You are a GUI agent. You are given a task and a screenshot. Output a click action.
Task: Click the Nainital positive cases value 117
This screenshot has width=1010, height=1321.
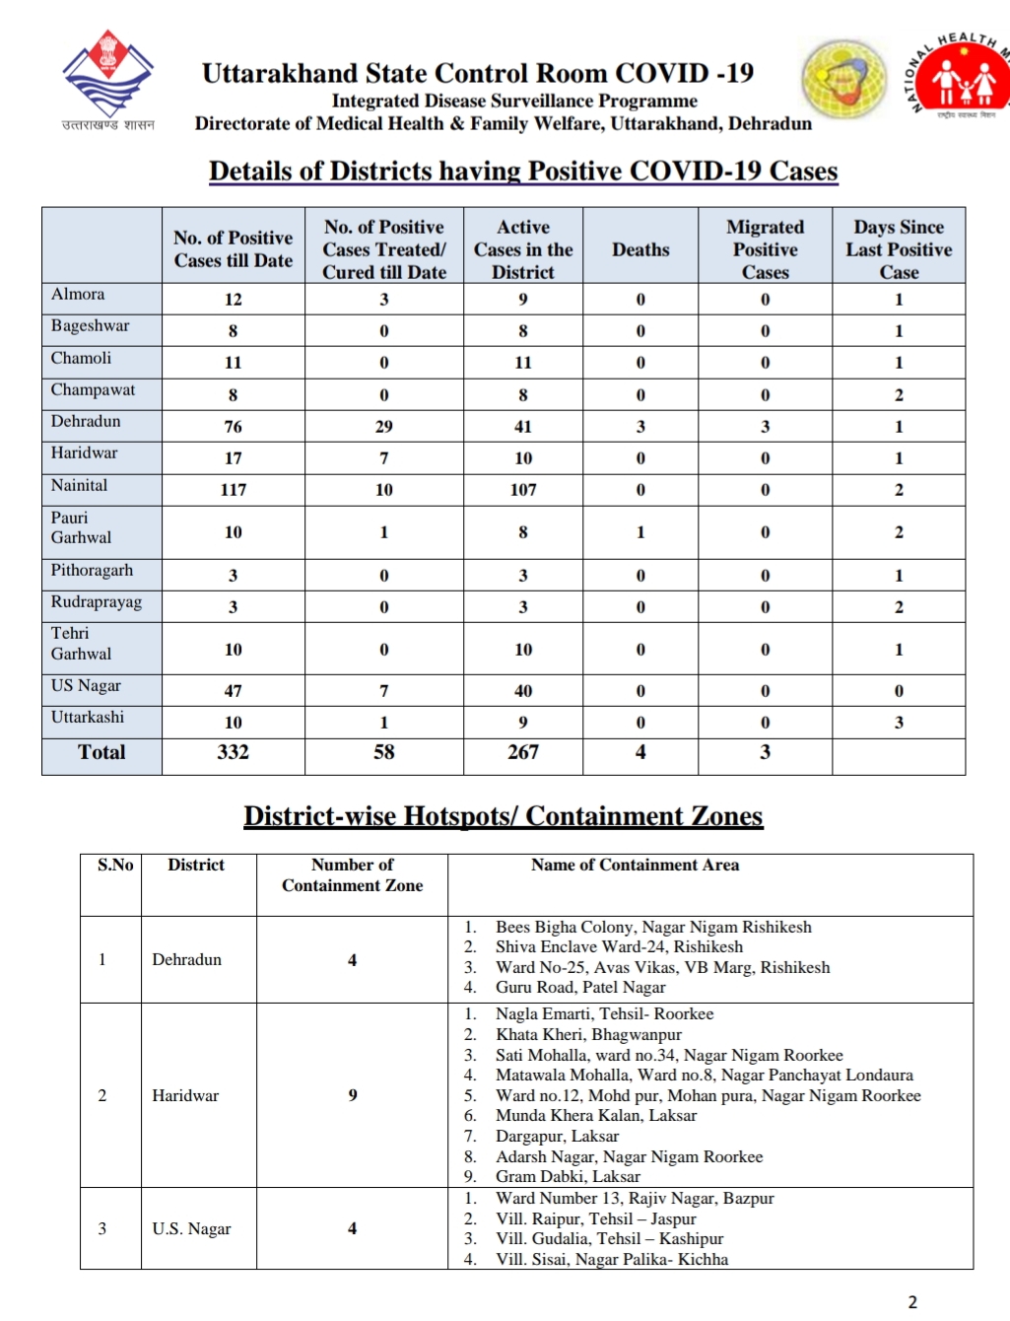click(234, 490)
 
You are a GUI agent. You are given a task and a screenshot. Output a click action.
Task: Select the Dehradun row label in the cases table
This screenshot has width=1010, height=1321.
click(86, 422)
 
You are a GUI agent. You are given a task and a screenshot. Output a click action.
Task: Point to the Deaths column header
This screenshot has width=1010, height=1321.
click(640, 250)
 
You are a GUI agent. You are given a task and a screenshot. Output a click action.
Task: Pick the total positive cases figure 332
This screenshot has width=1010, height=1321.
click(234, 752)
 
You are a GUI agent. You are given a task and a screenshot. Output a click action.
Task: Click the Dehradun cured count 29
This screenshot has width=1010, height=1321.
click(384, 427)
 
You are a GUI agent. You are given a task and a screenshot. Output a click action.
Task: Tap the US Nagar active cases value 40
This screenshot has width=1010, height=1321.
click(523, 691)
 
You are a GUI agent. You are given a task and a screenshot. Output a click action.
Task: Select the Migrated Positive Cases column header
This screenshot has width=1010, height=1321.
click(766, 249)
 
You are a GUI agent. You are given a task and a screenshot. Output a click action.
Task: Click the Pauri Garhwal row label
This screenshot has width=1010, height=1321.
click(81, 527)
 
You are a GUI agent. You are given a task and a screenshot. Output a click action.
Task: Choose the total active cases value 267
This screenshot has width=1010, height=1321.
click(523, 752)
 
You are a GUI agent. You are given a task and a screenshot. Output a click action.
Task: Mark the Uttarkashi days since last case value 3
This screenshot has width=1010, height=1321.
click(899, 723)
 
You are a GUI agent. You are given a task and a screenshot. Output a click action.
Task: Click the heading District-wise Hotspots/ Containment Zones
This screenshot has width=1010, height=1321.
click(504, 816)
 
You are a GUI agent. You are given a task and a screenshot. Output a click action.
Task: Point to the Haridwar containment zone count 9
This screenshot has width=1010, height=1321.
click(353, 1095)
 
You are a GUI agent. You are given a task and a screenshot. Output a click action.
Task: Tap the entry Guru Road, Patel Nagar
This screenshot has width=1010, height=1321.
click(580, 987)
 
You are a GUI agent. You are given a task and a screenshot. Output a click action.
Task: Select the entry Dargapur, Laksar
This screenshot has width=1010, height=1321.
click(557, 1136)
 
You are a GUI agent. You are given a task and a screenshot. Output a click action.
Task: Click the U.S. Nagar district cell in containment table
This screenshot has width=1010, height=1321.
click(191, 1229)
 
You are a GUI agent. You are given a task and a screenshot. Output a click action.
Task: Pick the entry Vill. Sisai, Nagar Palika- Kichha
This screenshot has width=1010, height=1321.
click(612, 1259)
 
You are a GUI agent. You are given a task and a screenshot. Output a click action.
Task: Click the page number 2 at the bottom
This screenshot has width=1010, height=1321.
click(912, 1301)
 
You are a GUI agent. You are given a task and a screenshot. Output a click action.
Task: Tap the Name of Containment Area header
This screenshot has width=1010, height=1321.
click(635, 865)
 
